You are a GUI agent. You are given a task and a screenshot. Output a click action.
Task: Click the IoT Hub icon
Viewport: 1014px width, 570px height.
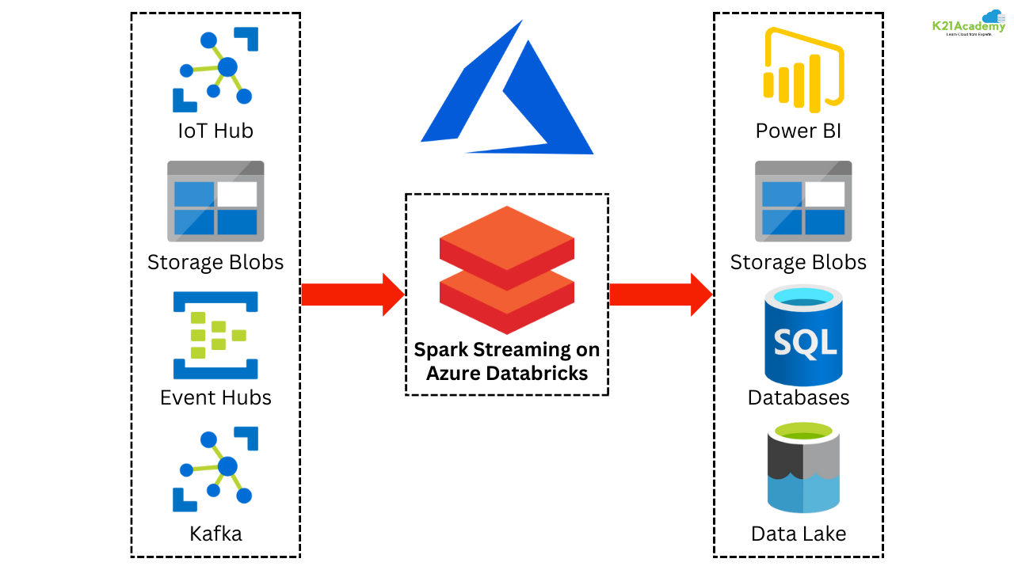point(215,70)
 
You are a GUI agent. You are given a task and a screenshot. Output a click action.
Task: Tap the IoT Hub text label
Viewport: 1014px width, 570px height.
point(215,131)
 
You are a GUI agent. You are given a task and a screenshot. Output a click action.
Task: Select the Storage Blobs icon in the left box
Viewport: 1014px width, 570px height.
point(215,201)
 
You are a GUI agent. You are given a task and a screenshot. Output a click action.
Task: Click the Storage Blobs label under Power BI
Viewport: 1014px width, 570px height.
point(799,262)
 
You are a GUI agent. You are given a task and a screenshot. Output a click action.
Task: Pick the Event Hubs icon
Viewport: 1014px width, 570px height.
point(215,336)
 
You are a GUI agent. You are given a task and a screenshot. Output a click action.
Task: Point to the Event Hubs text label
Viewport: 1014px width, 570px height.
point(215,397)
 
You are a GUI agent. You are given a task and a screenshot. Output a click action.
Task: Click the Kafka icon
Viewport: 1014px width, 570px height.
point(215,469)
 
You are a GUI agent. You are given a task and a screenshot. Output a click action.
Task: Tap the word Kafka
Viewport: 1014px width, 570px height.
point(215,534)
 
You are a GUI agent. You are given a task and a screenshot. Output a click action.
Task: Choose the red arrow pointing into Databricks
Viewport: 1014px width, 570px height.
point(353,294)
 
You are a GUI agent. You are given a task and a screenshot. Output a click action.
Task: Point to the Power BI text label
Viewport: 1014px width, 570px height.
point(799,131)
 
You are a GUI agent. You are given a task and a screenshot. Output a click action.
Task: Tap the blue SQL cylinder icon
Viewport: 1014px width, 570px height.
point(803,336)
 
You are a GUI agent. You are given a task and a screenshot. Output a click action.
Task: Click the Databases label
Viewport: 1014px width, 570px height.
point(799,397)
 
